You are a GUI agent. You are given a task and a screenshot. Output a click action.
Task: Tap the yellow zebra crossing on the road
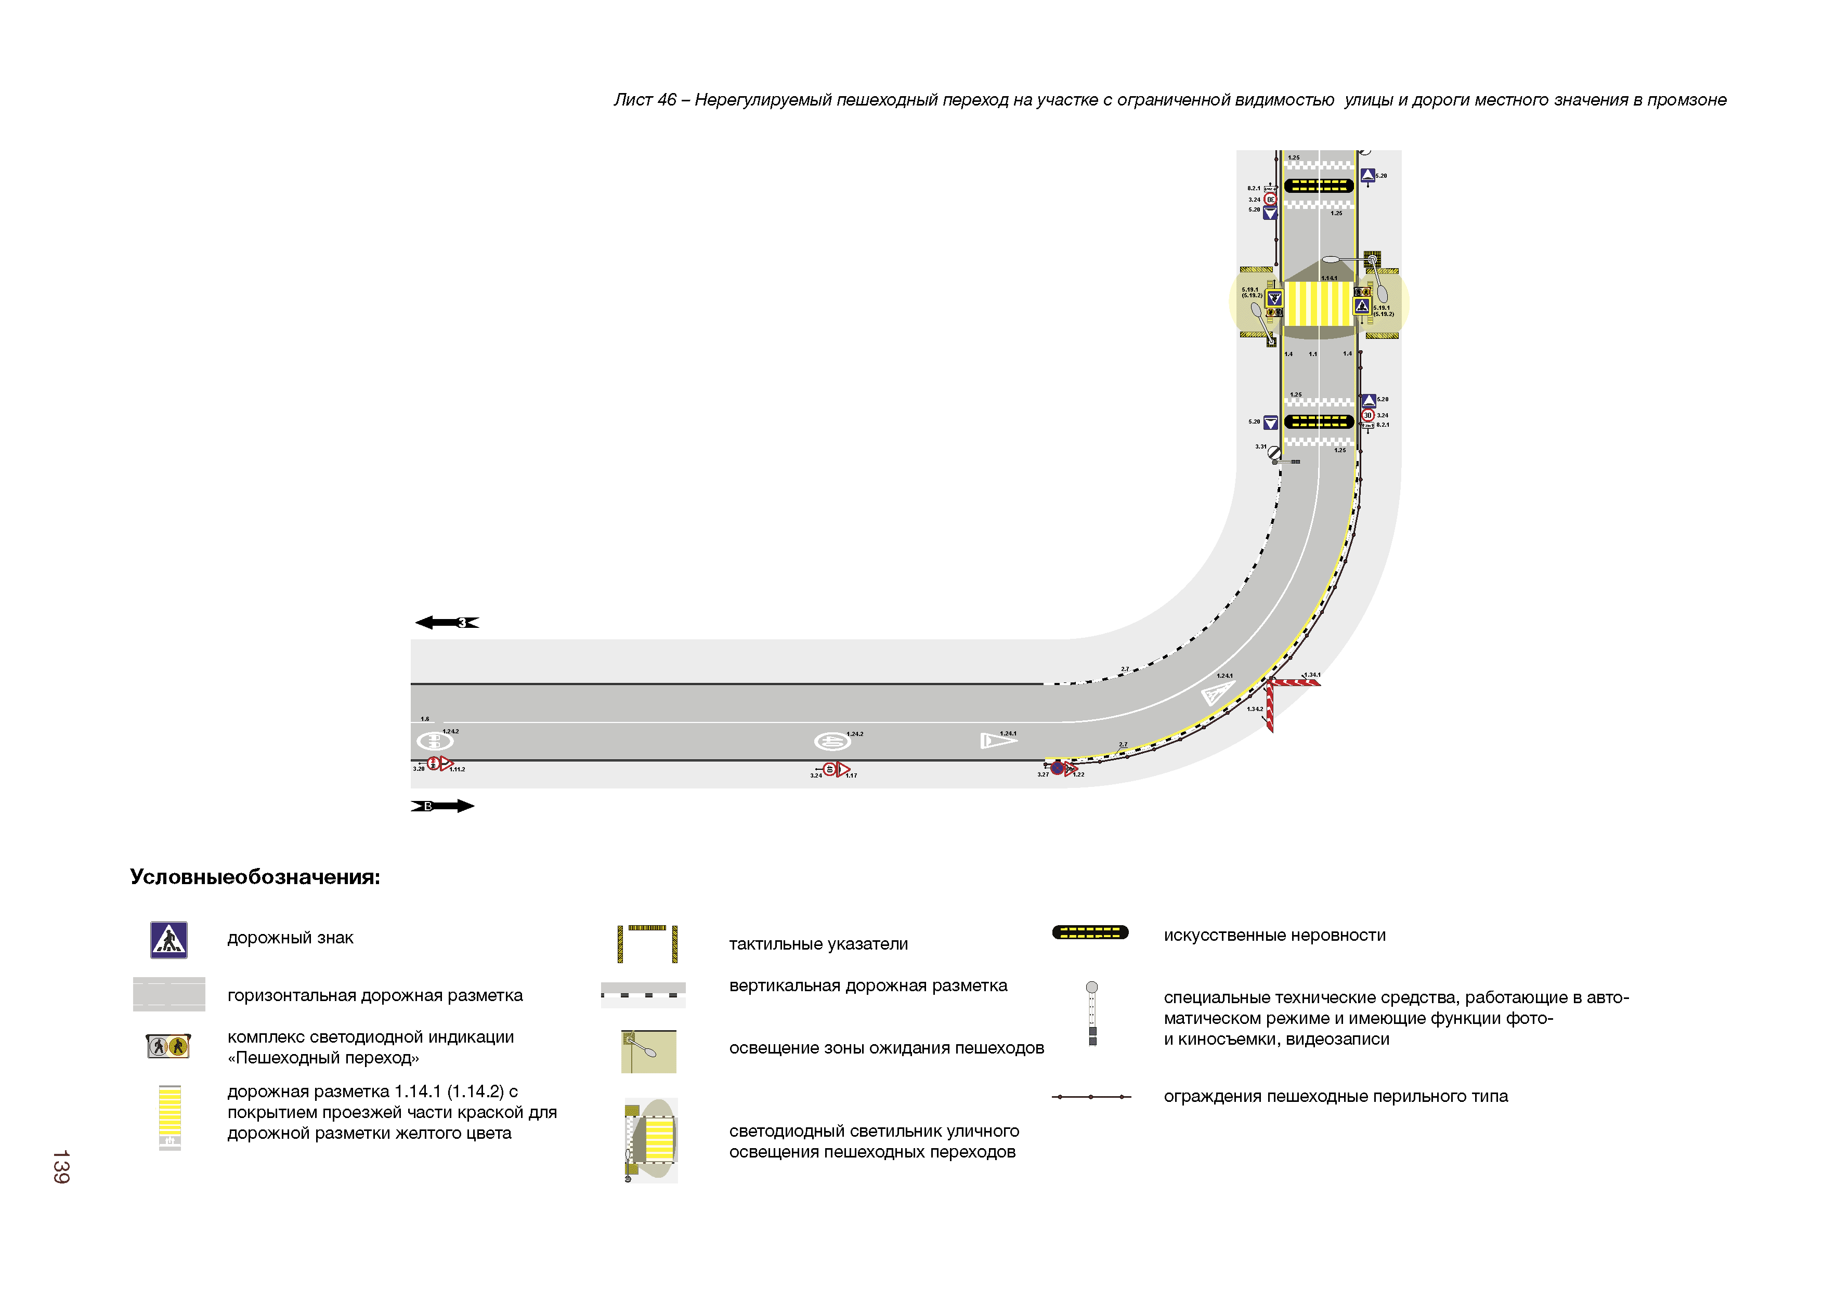(x=1319, y=304)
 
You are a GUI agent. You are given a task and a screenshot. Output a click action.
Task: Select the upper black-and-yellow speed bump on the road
(x=1319, y=186)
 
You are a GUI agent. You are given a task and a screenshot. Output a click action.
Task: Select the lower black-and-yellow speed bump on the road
(x=1319, y=422)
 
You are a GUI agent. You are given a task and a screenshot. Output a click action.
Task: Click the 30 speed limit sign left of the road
(x=1270, y=200)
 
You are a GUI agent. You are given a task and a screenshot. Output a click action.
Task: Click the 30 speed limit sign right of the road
(x=1368, y=415)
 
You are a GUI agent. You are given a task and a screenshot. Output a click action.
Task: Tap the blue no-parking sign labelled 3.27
(x=1058, y=768)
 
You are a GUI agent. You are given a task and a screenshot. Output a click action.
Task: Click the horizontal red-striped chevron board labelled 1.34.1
(x=1295, y=681)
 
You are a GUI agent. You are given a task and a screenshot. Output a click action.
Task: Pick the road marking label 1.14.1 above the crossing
(x=1328, y=278)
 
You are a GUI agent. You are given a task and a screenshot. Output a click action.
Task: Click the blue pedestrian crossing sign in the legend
(x=168, y=940)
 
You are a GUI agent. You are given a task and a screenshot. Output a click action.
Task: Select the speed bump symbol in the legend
(x=1090, y=932)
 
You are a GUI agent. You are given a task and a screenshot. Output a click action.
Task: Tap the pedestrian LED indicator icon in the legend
(x=168, y=1046)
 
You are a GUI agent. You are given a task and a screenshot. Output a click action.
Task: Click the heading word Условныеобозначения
(x=255, y=877)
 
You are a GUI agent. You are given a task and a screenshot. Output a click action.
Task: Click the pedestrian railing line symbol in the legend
(x=1091, y=1097)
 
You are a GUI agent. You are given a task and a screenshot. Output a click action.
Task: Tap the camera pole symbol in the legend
(x=1092, y=1014)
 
